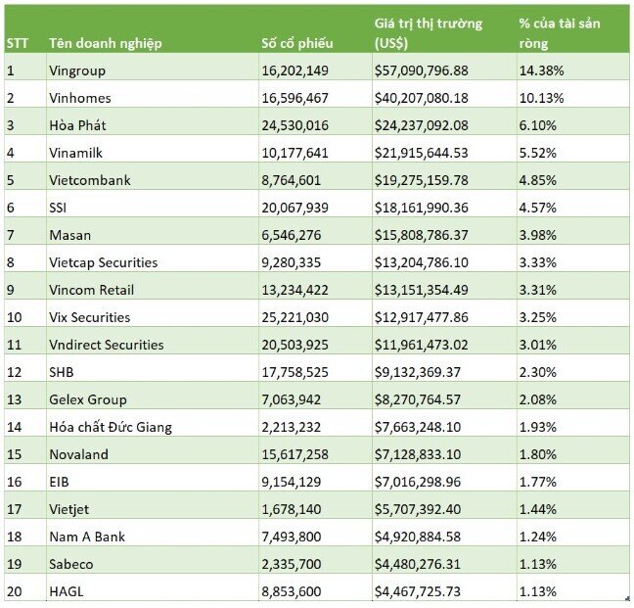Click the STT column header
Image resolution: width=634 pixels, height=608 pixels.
18,43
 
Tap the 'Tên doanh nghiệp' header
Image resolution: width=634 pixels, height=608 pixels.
106,43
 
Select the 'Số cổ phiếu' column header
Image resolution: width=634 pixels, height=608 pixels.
297,43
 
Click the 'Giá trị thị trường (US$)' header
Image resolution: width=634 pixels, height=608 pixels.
429,33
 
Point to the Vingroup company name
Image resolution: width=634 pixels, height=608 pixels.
77,70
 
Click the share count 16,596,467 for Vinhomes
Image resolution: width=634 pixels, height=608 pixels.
294,98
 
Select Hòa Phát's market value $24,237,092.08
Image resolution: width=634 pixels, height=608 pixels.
421,125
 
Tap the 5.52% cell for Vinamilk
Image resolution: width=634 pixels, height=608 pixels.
538,153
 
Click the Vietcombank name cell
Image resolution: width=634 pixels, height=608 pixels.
90,180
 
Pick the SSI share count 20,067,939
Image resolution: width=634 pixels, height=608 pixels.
294,208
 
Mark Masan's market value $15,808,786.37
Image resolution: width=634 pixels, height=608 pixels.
421,235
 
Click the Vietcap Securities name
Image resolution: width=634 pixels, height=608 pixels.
103,262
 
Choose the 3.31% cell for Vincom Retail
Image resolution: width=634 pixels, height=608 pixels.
538,290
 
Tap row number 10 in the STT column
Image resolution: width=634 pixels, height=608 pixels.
14,317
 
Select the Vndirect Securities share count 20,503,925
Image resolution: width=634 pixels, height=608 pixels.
294,345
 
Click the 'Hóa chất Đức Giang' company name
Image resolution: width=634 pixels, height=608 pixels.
111,427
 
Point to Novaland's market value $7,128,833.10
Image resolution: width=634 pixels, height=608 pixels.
417,454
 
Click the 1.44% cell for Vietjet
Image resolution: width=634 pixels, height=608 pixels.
538,509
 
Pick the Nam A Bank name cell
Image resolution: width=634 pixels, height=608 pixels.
87,537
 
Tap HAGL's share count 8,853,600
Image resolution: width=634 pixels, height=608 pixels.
292,591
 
